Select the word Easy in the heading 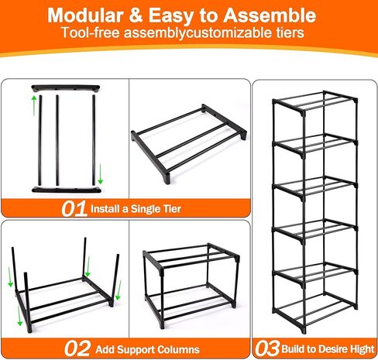185,15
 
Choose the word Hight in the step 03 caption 347,348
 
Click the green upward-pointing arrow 34,105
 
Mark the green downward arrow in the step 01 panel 101,174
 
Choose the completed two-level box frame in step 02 190,283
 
